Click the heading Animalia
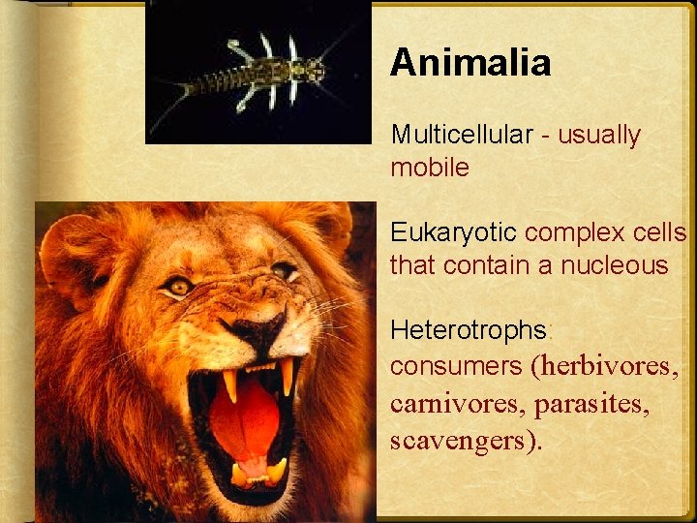470,64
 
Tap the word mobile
430,168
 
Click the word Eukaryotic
454,232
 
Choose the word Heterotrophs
469,330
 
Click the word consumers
455,366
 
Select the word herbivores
609,366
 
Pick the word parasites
588,403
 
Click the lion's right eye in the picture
285,269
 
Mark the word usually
599,135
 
